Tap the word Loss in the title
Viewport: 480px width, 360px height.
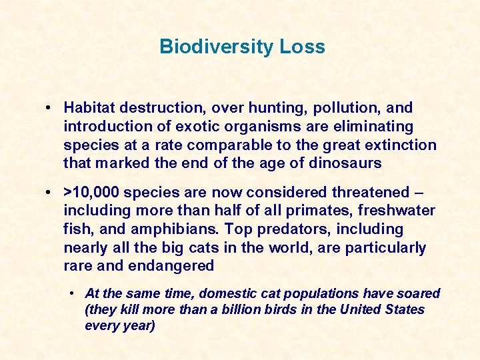pyautogui.click(x=303, y=47)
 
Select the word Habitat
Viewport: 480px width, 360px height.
pyautogui.click(x=88, y=108)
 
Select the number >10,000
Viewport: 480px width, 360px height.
pyautogui.click(x=91, y=193)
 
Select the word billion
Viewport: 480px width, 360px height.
pyautogui.click(x=248, y=310)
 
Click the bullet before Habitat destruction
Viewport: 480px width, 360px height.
pyautogui.click(x=51, y=108)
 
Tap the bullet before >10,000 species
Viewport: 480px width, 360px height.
pyautogui.click(x=51, y=193)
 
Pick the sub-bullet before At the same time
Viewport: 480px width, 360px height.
pyautogui.click(x=73, y=294)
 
